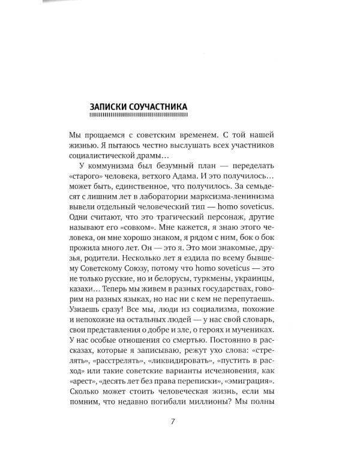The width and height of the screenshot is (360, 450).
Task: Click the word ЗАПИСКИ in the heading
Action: (110, 106)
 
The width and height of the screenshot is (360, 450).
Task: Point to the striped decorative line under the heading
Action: (137, 115)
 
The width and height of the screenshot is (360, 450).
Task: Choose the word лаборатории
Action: (169, 203)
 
